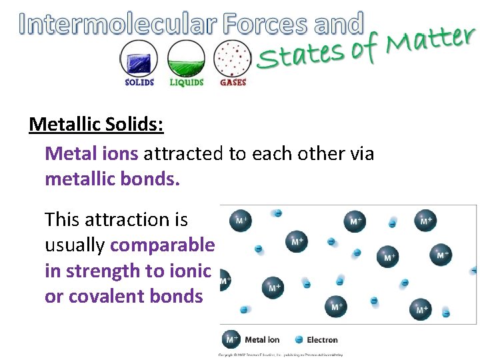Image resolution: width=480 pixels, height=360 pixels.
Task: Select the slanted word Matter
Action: point(431,41)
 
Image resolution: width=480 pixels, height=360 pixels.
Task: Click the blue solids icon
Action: point(139,59)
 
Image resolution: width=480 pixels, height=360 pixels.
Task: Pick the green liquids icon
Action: point(186,59)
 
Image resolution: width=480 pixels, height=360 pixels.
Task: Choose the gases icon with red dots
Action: point(233,59)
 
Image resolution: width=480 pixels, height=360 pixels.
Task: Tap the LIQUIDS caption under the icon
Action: point(186,83)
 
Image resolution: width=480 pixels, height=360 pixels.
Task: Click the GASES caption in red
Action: point(233,83)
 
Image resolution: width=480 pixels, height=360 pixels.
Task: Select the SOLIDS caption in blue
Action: point(139,83)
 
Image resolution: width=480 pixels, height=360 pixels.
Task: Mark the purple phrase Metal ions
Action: point(91,153)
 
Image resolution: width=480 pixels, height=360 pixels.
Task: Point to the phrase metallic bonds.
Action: point(112,180)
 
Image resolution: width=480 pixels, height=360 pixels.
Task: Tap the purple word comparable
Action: point(162,245)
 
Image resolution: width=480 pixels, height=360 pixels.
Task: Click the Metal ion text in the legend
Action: point(262,340)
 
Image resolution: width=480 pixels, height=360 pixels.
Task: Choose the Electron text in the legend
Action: point(322,340)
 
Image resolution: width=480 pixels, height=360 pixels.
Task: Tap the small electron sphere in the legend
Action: point(299,340)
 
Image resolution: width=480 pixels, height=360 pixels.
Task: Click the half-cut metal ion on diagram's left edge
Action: point(225,281)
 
